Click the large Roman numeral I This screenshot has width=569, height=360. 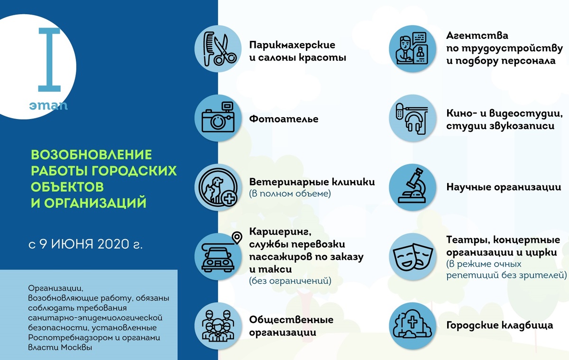[49, 59]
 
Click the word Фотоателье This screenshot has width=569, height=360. [284, 119]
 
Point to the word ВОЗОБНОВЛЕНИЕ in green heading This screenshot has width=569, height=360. [91, 155]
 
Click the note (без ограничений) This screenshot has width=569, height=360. [290, 281]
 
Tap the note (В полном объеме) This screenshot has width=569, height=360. [290, 194]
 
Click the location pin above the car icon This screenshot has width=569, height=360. [237, 236]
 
